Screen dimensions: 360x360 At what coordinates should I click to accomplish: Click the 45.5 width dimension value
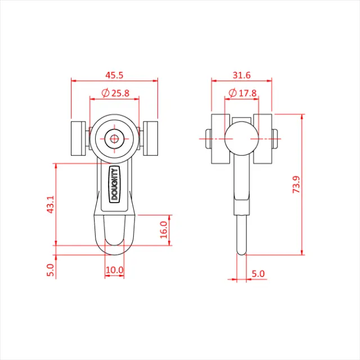[x=114, y=74]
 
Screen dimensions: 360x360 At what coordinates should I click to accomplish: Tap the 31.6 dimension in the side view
[x=241, y=74]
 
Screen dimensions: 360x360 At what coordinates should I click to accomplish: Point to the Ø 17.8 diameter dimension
[x=243, y=93]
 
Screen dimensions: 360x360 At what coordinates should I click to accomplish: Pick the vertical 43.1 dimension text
[x=50, y=205]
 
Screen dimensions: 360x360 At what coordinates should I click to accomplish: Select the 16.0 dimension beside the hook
[x=163, y=229]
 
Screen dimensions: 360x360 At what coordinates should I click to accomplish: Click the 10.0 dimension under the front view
[x=114, y=271]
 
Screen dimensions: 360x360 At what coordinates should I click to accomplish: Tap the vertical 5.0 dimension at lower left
[x=50, y=270]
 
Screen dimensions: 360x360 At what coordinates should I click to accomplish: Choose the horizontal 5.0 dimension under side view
[x=258, y=273]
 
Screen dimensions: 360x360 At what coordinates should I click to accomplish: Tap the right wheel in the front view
[x=151, y=138]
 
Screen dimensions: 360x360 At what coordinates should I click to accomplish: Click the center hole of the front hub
[x=114, y=138]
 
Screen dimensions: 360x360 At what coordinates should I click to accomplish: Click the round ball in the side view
[x=241, y=137]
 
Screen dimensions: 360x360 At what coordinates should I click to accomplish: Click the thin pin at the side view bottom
[x=242, y=236]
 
